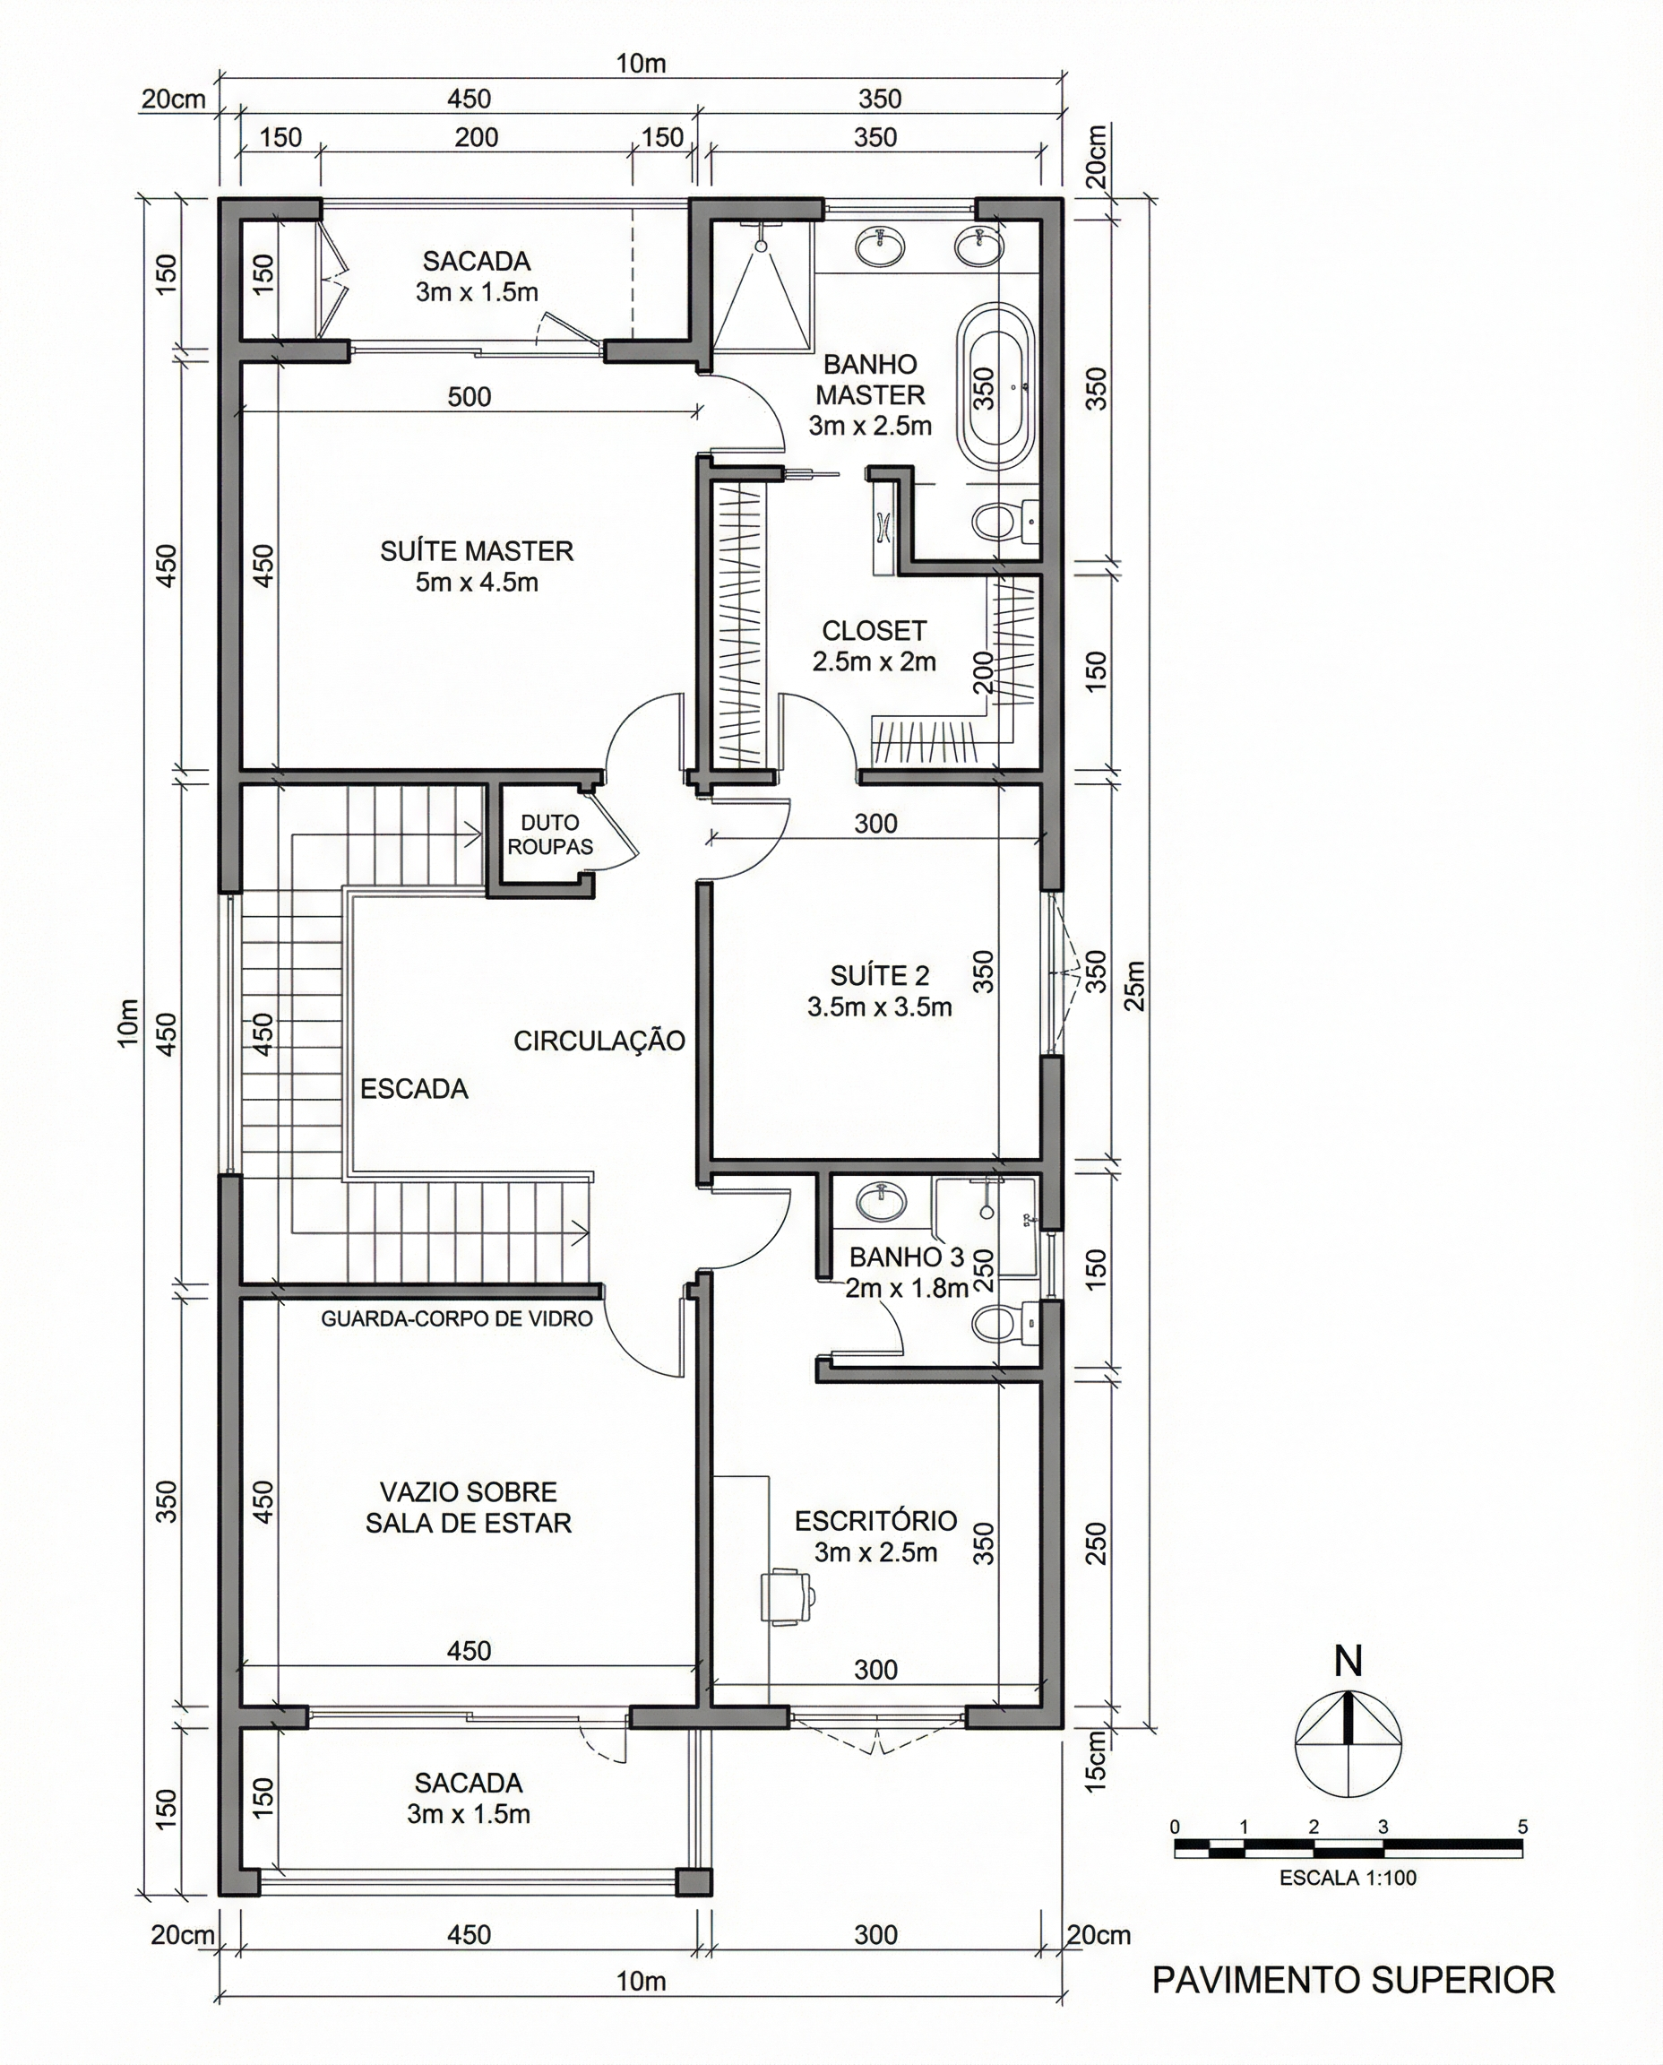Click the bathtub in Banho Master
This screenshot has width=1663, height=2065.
[x=997, y=386]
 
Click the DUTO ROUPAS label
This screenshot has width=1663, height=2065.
[x=550, y=834]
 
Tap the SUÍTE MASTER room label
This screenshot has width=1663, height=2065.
[x=477, y=566]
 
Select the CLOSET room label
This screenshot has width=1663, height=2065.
[x=874, y=645]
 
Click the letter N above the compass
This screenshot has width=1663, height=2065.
[x=1348, y=1662]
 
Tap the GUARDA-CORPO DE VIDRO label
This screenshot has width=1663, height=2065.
[x=456, y=1318]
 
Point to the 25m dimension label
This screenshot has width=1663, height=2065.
[x=1135, y=985]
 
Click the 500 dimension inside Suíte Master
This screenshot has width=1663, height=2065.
[x=470, y=397]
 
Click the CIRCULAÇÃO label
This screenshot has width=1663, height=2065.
[x=599, y=1041]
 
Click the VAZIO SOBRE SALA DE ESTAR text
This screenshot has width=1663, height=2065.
[x=469, y=1508]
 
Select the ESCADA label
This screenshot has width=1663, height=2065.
[x=414, y=1089]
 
